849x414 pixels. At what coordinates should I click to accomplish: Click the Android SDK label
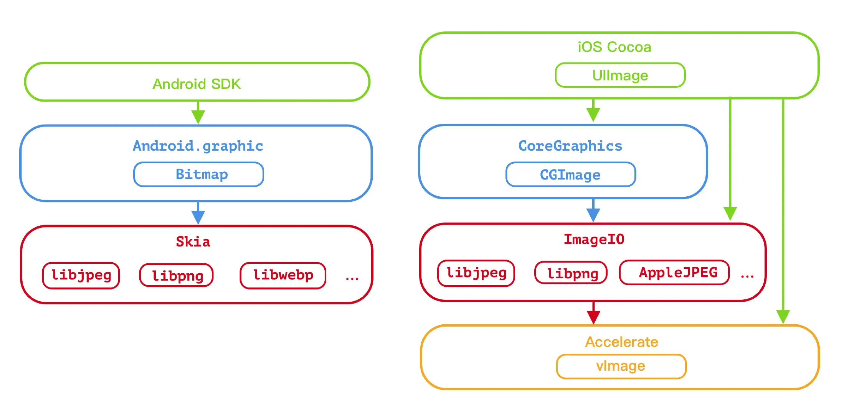pos(197,84)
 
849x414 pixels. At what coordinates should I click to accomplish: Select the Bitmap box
pos(198,174)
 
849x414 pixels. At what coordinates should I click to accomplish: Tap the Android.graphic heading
pos(198,146)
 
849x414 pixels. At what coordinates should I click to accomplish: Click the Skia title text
pos(193,242)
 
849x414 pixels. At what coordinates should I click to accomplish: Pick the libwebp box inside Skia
pos(283,275)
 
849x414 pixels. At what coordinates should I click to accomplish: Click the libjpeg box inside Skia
pos(81,275)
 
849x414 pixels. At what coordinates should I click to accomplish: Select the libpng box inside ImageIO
pos(571,273)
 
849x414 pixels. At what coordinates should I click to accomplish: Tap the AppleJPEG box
pos(674,273)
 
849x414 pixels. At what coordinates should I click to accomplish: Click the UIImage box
pos(620,75)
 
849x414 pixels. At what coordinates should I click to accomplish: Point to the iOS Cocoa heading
pos(614,47)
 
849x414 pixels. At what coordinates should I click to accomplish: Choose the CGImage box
pos(571,174)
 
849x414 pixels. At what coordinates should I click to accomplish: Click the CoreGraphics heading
pos(570,146)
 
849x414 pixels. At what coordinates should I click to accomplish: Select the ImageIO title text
pos(594,239)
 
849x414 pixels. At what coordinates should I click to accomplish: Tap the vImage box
pos(621,366)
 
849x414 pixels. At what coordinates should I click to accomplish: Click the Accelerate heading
pos(622,342)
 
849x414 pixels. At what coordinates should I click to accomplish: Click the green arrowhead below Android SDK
pos(198,117)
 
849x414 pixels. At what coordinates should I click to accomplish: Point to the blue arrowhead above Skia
pos(198,217)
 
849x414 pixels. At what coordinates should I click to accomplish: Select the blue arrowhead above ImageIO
pos(593,215)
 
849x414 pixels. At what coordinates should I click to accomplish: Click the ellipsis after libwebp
pos(352,279)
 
